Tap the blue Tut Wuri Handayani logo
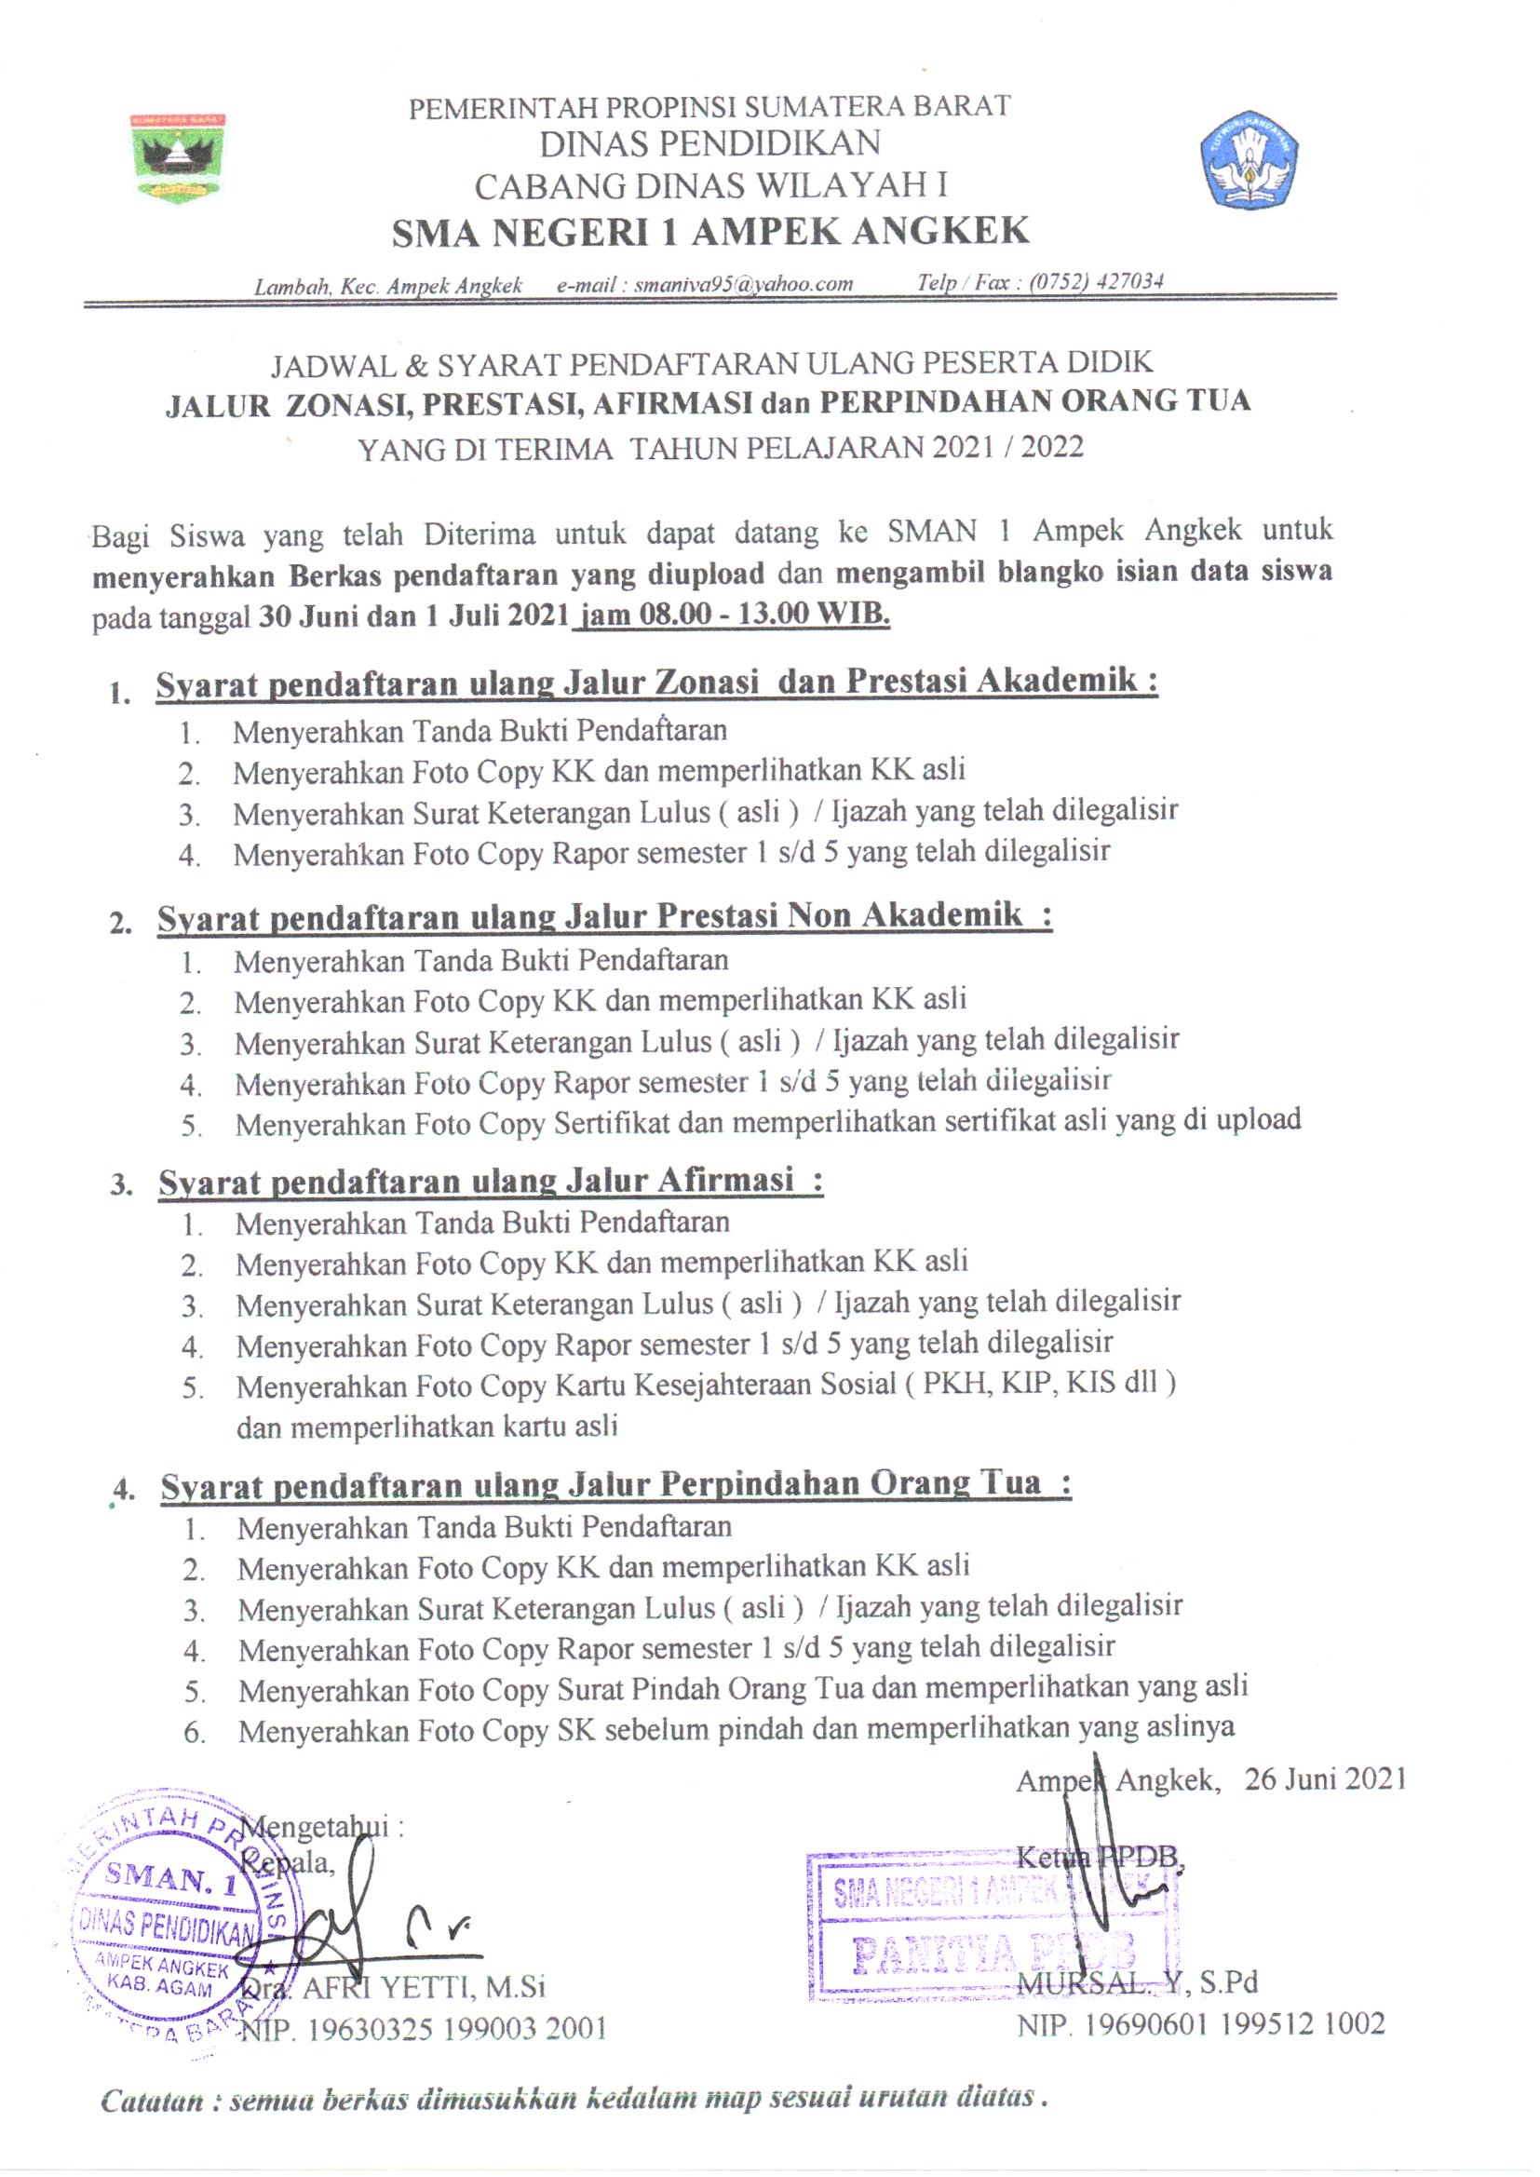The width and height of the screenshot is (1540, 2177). (x=1250, y=159)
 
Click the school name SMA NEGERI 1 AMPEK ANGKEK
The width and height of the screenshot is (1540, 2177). (x=710, y=231)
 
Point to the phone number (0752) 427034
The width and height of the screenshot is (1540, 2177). (x=1096, y=281)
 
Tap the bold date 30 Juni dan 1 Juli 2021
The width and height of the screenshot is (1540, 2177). (x=413, y=616)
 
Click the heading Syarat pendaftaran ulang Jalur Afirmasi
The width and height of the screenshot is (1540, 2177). (x=491, y=1182)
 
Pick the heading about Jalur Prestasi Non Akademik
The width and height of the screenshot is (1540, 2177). (x=604, y=916)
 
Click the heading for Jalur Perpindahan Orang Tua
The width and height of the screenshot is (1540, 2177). (x=615, y=1484)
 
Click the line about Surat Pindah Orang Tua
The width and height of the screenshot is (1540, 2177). (x=742, y=1689)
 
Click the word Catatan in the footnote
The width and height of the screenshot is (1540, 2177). (x=153, y=2101)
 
